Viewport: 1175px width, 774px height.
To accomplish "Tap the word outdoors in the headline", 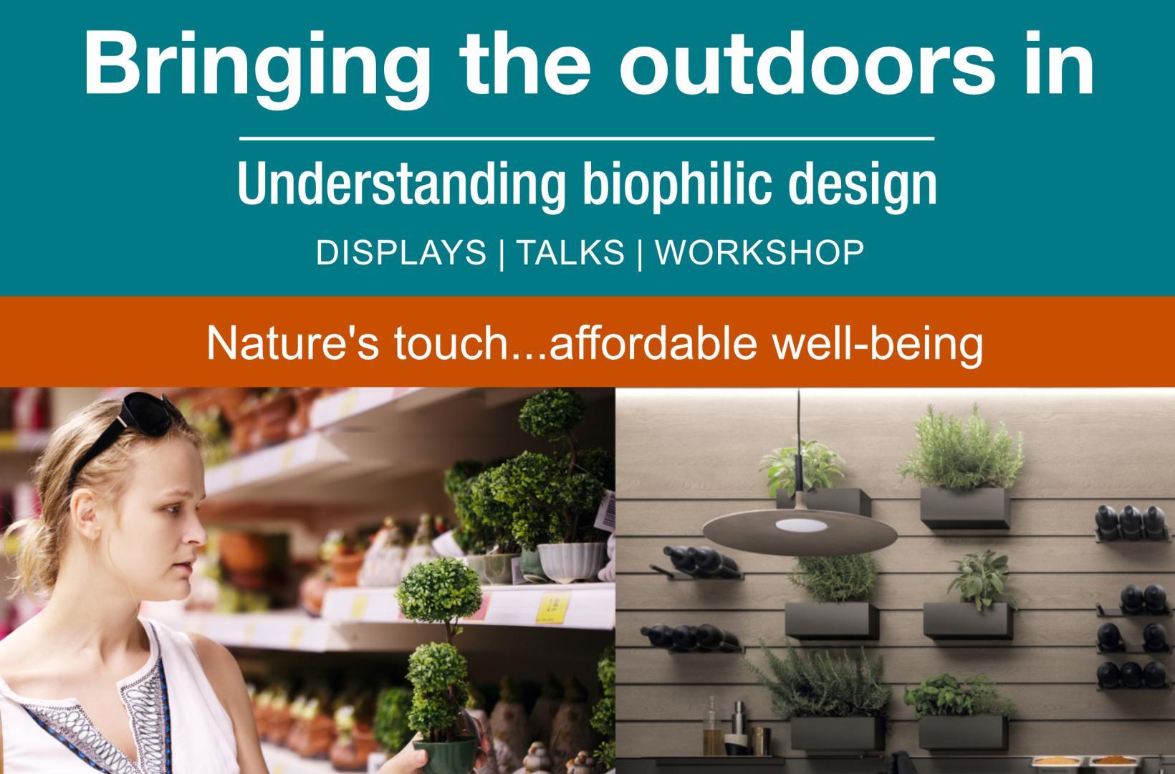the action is pyautogui.click(x=807, y=64).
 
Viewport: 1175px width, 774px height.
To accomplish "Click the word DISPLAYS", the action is pyautogui.click(x=401, y=252).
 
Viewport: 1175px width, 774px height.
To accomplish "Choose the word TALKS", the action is pyautogui.click(x=571, y=252).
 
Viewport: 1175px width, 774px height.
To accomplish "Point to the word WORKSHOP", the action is pyautogui.click(x=759, y=252).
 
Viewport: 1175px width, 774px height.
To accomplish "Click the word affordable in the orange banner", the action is pyautogui.click(x=653, y=343).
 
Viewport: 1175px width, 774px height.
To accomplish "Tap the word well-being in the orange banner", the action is pyautogui.click(x=878, y=345).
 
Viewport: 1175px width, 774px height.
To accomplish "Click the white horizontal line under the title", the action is pyautogui.click(x=587, y=139).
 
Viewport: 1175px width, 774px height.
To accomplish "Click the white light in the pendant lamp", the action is pyautogui.click(x=801, y=525).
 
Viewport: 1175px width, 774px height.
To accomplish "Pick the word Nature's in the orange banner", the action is pyautogui.click(x=292, y=343).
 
